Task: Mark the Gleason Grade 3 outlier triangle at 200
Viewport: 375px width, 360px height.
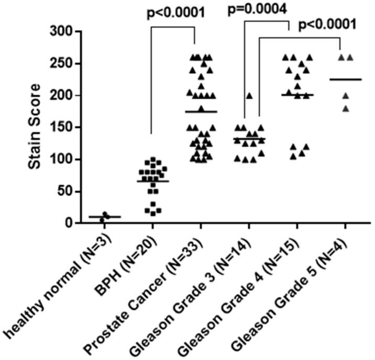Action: (249, 96)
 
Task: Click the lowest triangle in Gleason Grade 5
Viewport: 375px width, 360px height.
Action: (345, 108)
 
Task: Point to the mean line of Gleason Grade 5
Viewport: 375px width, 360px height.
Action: (345, 80)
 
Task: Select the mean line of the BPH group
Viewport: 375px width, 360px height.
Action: (153, 181)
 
